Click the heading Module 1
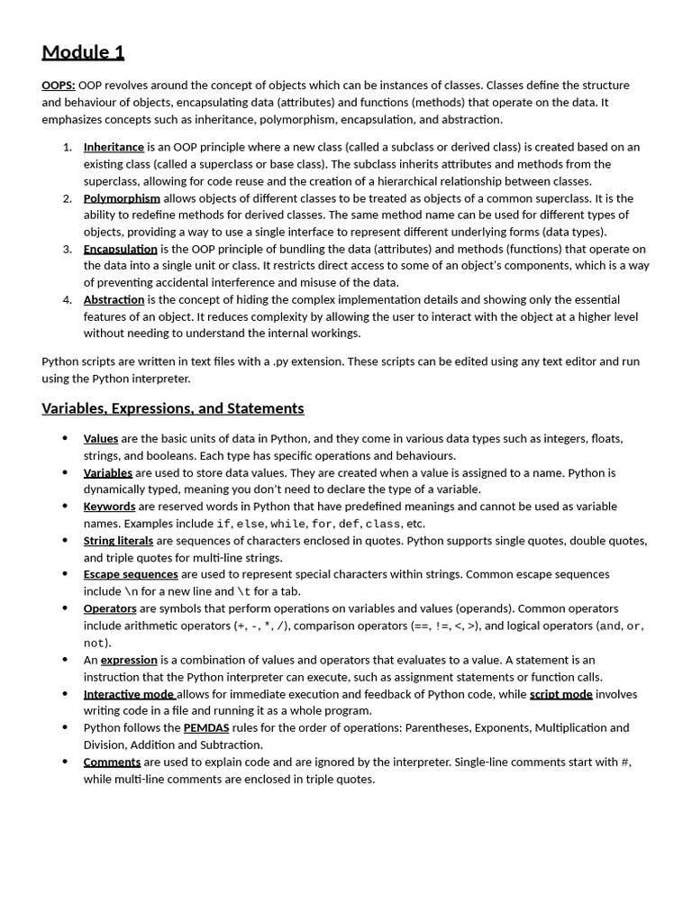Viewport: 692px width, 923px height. (83, 52)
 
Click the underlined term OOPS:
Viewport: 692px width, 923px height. (59, 86)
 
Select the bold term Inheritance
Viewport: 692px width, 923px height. (114, 147)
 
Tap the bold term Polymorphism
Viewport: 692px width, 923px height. (122, 198)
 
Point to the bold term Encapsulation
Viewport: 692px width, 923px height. (120, 249)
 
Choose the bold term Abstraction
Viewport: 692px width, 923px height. (114, 299)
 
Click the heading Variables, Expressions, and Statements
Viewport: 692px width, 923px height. (173, 408)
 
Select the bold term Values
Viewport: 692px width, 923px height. (101, 439)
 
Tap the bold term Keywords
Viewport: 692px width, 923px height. (109, 507)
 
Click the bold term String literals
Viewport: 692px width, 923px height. (118, 541)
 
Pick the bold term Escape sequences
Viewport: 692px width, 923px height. (131, 574)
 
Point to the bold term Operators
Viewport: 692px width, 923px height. (110, 608)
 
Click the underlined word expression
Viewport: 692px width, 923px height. (129, 660)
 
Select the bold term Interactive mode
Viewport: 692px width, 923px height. (129, 694)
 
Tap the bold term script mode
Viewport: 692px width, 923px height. (560, 694)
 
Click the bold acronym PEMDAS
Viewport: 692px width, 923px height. (206, 727)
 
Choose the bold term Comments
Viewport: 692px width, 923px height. (112, 762)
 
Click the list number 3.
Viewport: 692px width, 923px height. (68, 249)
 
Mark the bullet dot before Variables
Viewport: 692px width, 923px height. (65, 472)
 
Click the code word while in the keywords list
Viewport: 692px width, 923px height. (287, 524)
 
